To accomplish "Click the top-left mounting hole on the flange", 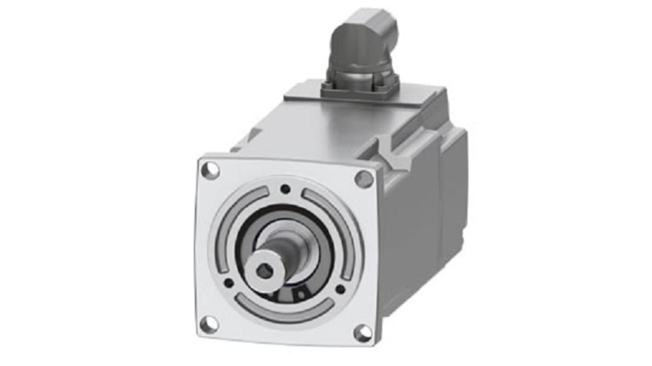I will [x=210, y=170].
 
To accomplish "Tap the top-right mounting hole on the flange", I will [x=364, y=179].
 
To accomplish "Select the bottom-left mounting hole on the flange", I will [x=209, y=324].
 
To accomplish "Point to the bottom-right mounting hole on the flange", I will [x=363, y=333].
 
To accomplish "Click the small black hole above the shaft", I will [x=285, y=188].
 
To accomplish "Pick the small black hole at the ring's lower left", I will [x=228, y=283].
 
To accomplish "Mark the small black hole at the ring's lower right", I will [x=340, y=289].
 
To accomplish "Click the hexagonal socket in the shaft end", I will [x=264, y=272].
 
